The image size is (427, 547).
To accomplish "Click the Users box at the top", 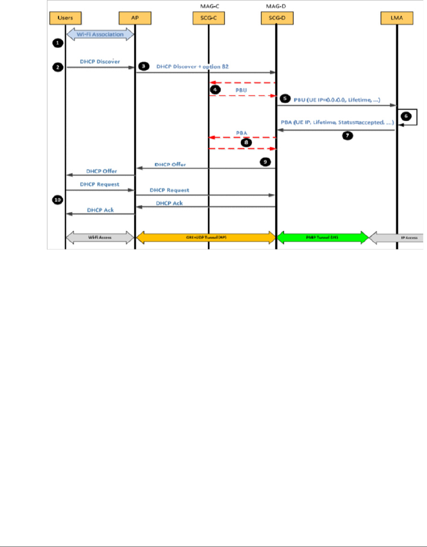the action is [65, 19].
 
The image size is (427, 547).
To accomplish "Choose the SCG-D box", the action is [276, 19].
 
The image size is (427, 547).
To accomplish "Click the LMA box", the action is [396, 19].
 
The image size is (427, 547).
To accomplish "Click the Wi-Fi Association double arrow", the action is [100, 34].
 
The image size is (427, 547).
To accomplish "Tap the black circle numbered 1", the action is [56, 43].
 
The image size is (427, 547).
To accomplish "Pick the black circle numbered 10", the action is [57, 199].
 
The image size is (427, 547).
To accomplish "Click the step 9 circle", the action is [265, 161].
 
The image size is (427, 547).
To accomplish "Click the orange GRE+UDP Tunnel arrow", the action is [205, 237].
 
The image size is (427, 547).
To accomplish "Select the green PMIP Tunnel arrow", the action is [322, 237].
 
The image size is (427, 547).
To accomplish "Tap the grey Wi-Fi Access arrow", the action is [100, 237].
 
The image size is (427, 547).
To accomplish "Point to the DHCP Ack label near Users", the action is [100, 210].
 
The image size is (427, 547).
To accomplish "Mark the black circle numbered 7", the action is [348, 136].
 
